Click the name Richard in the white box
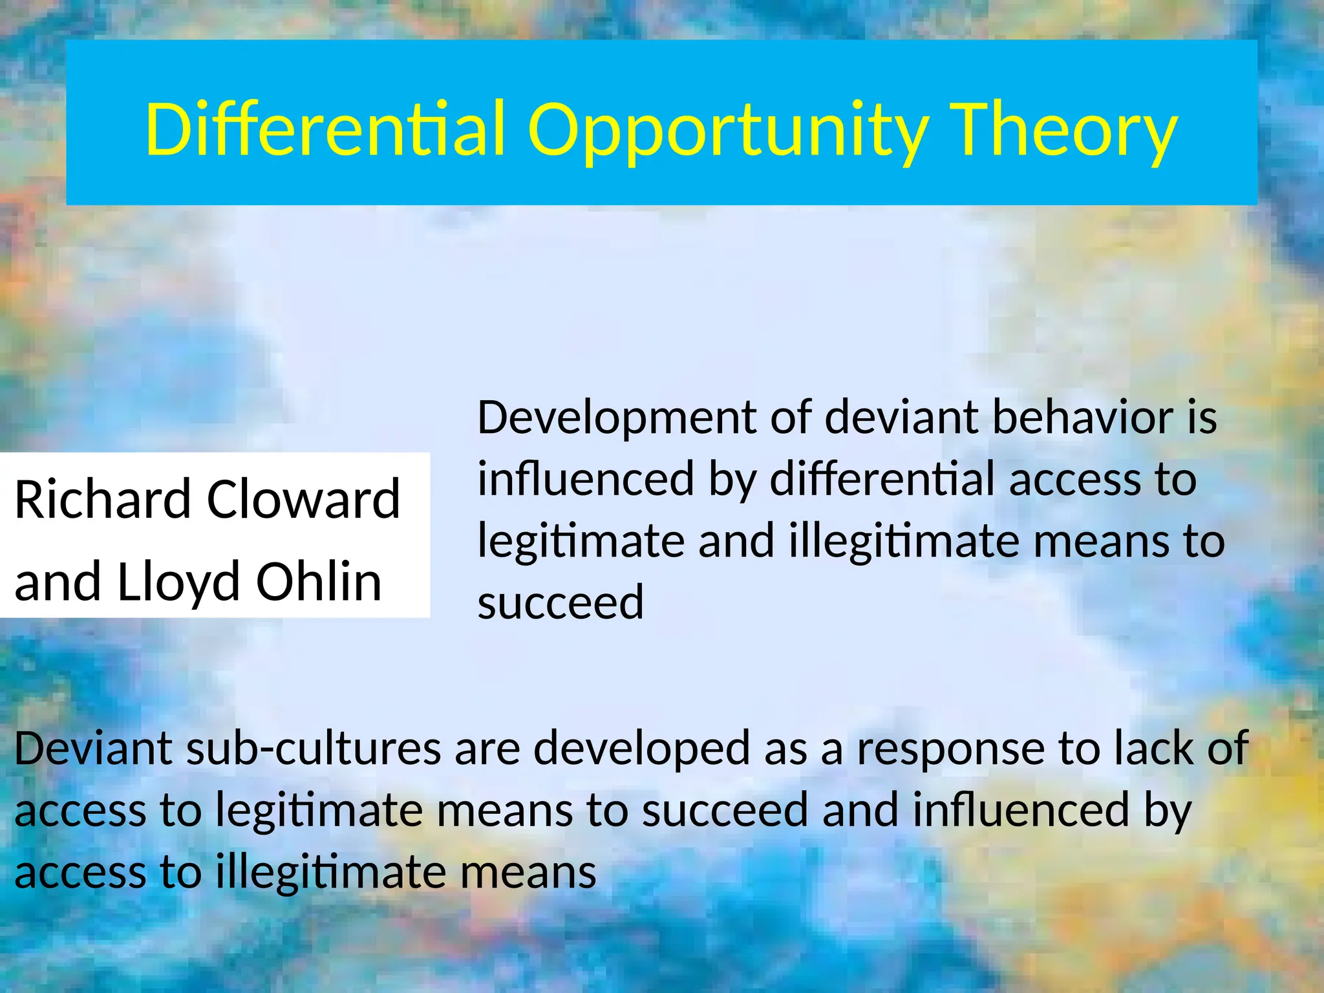tap(103, 499)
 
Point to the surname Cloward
tap(304, 499)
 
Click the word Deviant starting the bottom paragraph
tap(93, 748)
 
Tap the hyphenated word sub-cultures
tap(314, 748)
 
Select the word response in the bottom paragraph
tap(950, 748)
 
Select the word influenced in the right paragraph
tap(586, 479)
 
